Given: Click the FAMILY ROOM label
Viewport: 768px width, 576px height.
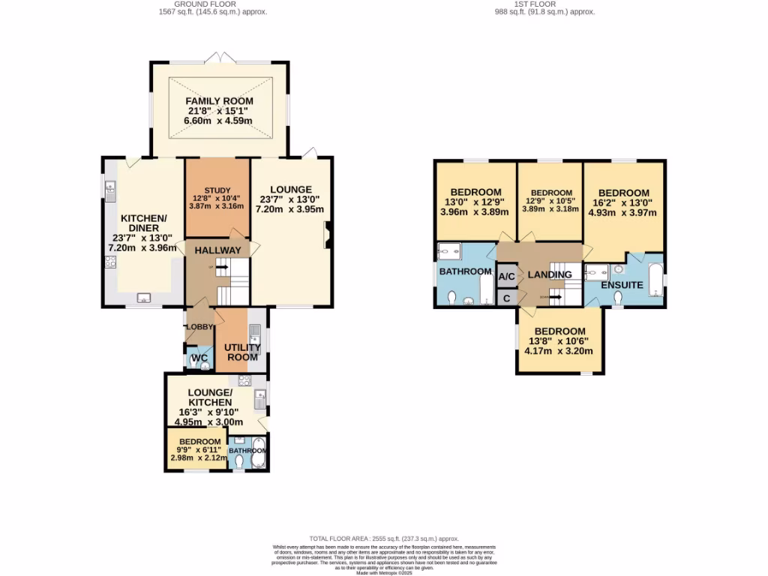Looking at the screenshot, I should pos(219,101).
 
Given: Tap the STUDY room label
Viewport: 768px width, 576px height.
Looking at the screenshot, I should pos(217,189).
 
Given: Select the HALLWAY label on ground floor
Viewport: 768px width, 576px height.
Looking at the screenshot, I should pos(218,250).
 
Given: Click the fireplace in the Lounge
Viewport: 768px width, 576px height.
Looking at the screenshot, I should pos(326,235).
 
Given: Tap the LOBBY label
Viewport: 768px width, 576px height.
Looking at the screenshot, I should pos(199,327).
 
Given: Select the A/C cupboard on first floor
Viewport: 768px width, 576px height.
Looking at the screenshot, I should pos(507,276).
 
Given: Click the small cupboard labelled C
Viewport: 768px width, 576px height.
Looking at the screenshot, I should pos(507,298).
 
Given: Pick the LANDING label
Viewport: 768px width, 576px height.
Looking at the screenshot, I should pos(550,274).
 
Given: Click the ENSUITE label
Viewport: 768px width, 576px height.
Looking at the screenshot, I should pos(622,285).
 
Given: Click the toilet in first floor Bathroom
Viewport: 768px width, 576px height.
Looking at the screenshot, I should pos(451,299).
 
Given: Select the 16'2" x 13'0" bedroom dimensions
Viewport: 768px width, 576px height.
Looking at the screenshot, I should pos(624,202).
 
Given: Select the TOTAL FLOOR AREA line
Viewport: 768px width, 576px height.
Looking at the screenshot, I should pos(383,538).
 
